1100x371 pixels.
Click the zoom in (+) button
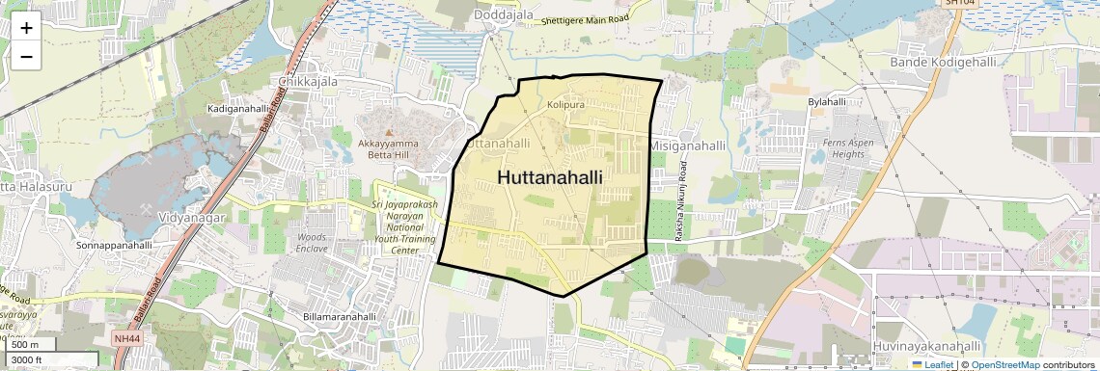tap(26, 27)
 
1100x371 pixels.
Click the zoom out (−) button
tap(26, 56)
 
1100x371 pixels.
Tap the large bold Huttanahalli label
tap(550, 177)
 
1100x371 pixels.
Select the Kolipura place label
tap(566, 104)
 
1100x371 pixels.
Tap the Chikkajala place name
tap(308, 82)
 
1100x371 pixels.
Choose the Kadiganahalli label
tap(238, 109)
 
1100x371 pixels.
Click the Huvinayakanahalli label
tap(926, 345)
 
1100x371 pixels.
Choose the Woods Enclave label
tap(312, 242)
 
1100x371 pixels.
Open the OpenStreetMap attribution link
tap(1004, 364)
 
